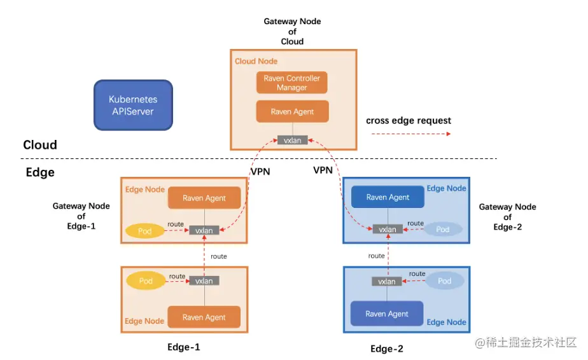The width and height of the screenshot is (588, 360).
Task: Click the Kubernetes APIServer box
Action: pyautogui.click(x=133, y=106)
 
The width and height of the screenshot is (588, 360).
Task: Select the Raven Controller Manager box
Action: pyautogui.click(x=292, y=83)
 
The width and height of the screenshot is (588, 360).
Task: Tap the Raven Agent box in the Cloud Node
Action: pyautogui.click(x=292, y=111)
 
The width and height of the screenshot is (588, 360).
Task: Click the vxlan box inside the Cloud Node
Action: pyautogui.click(x=292, y=140)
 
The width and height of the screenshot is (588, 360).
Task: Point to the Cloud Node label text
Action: pyautogui.click(x=256, y=61)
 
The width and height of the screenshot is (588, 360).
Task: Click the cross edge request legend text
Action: pyautogui.click(x=409, y=120)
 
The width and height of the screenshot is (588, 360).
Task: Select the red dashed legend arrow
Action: pyautogui.click(x=410, y=134)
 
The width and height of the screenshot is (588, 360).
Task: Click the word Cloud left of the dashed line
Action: pyautogui.click(x=40, y=145)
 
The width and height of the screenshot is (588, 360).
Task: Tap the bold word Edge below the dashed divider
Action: pyautogui.click(x=40, y=172)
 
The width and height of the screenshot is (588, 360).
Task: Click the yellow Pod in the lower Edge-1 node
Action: pyautogui.click(x=146, y=280)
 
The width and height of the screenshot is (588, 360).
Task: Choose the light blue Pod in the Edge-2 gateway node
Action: pyautogui.click(x=443, y=229)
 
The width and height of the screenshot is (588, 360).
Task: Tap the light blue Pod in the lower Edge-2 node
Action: pyautogui.click(x=445, y=280)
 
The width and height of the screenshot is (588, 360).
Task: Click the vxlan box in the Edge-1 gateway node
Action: pyautogui.click(x=204, y=230)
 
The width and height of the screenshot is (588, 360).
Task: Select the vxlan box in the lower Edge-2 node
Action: pyautogui.click(x=387, y=281)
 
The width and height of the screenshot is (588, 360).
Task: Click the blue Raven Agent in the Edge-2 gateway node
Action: pyautogui.click(x=388, y=197)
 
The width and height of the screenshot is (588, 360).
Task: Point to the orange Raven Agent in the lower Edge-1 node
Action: pyautogui.click(x=204, y=317)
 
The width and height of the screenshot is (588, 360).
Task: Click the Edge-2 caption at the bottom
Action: pyautogui.click(x=387, y=349)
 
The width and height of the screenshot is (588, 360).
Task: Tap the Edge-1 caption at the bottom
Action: pyautogui.click(x=184, y=347)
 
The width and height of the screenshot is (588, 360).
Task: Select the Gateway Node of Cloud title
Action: pyautogui.click(x=293, y=31)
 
